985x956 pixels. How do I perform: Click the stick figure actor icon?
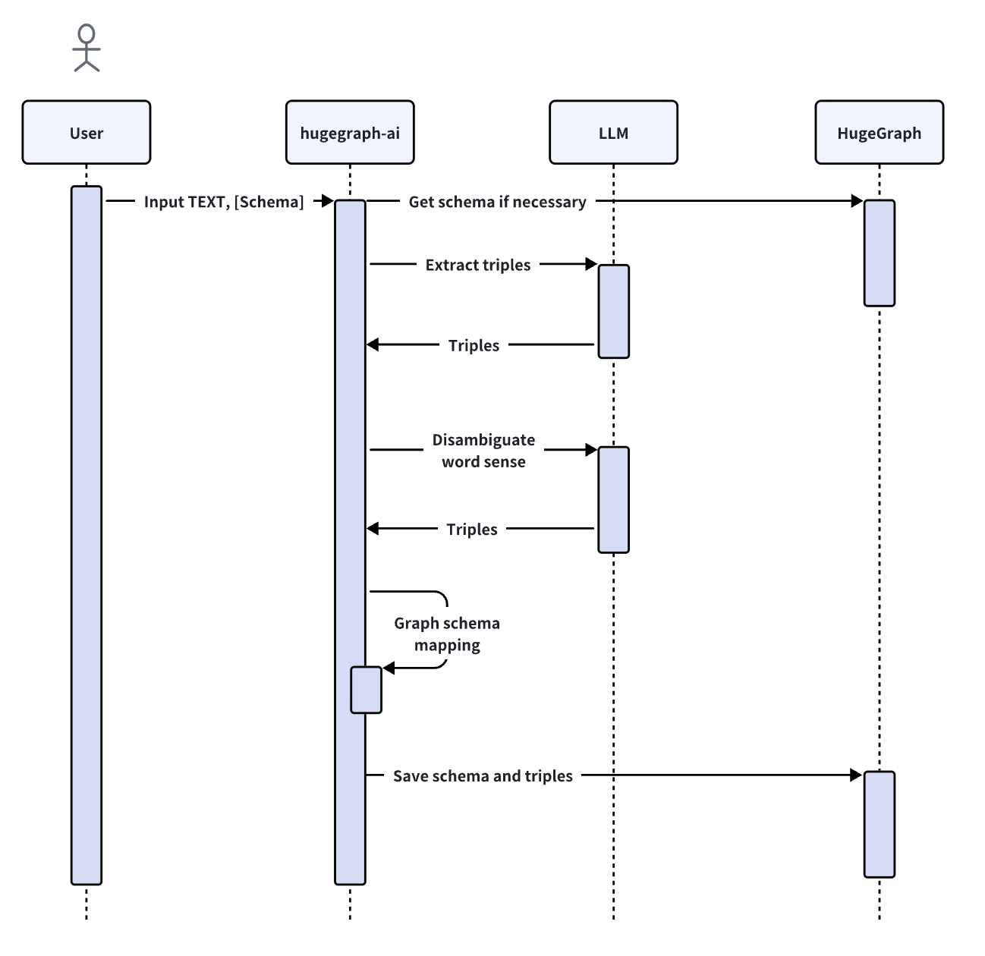(87, 48)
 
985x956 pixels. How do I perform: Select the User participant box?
(87, 133)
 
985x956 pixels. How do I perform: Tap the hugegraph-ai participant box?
(350, 133)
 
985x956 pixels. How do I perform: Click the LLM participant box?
(613, 133)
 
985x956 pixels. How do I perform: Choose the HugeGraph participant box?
(879, 133)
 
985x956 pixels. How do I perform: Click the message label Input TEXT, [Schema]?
(224, 202)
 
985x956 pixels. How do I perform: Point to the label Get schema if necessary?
(497, 202)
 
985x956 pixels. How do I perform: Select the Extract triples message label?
(478, 265)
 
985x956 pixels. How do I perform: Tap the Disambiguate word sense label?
(483, 451)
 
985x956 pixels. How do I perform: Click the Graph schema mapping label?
(447, 634)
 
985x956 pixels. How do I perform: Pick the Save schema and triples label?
(483, 775)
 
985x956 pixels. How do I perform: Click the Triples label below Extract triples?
(474, 345)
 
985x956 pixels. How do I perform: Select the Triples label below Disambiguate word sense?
(472, 529)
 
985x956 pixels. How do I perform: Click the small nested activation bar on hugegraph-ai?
(367, 690)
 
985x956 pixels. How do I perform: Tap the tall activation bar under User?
(87, 535)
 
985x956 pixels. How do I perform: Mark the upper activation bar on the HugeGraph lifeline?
(879, 253)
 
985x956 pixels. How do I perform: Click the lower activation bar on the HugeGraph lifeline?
(879, 824)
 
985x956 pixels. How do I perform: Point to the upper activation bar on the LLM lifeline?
(613, 311)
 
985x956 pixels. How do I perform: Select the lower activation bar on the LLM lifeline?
(613, 499)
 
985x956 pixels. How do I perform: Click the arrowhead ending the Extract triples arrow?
(592, 264)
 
